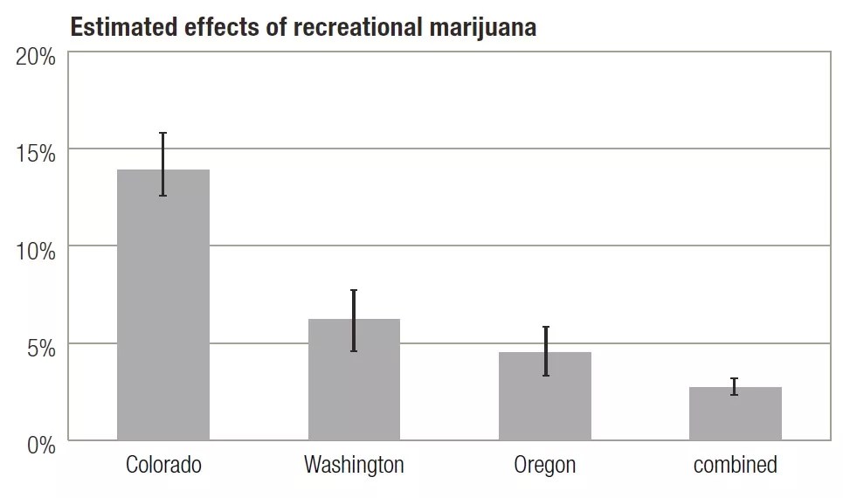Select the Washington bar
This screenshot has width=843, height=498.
click(354, 384)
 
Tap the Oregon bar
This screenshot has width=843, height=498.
click(545, 402)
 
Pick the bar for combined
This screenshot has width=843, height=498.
click(736, 415)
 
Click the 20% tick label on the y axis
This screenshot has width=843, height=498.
click(36, 58)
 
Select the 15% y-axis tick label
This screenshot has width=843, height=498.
click(36, 154)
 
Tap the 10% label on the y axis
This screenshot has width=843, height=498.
click(36, 251)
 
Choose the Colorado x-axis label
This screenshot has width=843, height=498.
click(163, 465)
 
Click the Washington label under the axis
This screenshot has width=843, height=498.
click(354, 465)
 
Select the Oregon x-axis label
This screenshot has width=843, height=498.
click(545, 465)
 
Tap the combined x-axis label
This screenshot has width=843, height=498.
click(736, 465)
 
